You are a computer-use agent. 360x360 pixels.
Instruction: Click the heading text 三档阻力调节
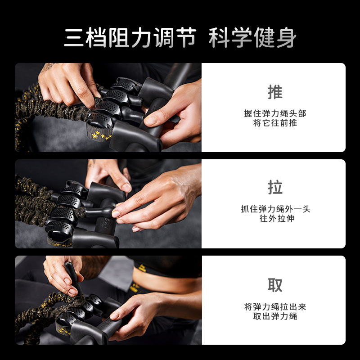click(130, 38)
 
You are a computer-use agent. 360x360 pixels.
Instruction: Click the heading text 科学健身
click(252, 38)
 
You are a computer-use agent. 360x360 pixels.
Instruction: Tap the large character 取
click(275, 285)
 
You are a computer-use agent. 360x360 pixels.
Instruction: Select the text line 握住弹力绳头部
click(275, 113)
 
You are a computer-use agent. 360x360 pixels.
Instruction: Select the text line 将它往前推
click(275, 123)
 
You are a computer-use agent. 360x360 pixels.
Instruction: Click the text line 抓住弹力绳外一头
click(275, 209)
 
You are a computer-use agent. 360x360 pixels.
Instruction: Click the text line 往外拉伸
click(275, 219)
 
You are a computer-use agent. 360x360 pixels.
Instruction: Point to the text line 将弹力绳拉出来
click(275, 307)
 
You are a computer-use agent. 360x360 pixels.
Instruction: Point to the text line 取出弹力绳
click(275, 316)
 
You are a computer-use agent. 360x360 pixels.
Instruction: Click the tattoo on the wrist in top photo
click(47, 67)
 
